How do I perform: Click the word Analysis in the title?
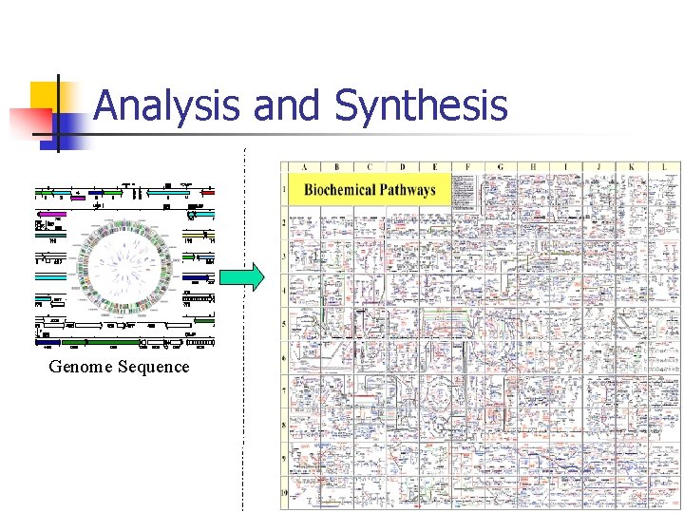click(166, 105)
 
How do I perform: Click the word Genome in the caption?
click(81, 367)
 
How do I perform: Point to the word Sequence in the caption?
click(154, 367)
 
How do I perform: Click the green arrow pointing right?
click(241, 276)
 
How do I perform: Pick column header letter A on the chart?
click(304, 168)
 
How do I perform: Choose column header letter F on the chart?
click(467, 168)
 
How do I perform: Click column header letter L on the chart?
click(664, 168)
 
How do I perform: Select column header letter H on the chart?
click(533, 168)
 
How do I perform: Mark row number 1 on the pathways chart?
click(284, 190)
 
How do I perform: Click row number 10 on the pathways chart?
click(284, 492)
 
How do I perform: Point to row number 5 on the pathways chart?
click(284, 324)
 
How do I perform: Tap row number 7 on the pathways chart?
click(284, 390)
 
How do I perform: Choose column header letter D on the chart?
click(402, 168)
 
